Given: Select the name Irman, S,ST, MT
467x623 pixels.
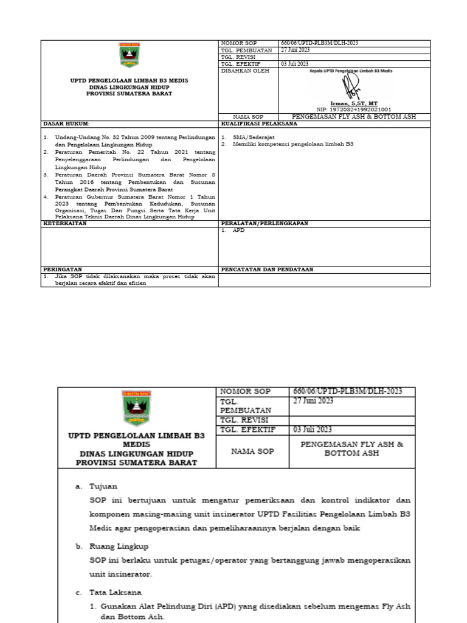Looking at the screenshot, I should [355, 103].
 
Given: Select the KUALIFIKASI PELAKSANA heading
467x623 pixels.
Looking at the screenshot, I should [259, 123].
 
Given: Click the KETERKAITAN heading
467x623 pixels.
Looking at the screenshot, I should [64, 223].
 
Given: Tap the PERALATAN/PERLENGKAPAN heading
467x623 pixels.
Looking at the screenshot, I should [265, 223].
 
